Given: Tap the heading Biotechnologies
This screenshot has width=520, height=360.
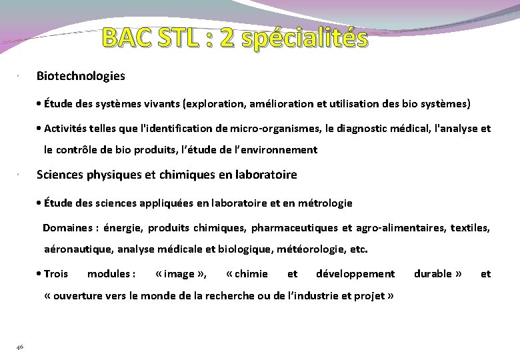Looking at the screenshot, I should click(81, 76).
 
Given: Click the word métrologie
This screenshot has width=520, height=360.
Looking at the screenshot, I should click(325, 203).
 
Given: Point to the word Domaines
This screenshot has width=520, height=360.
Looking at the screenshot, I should click(67, 228).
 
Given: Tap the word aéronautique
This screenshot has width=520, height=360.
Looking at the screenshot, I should click(78, 250).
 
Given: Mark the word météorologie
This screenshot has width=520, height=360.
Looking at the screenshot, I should click(313, 250).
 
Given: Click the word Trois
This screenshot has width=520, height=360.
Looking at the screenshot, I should click(56, 274).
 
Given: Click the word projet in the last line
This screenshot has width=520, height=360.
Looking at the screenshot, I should click(370, 296).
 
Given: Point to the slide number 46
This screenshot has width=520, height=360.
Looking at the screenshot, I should click(20, 345).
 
